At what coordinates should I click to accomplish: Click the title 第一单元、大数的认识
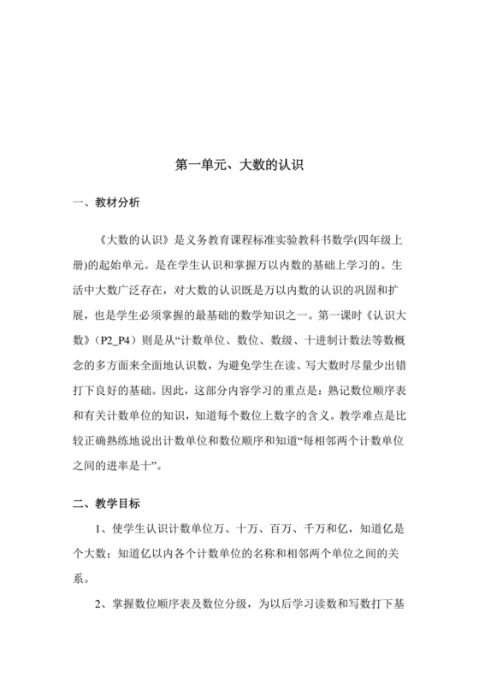239,162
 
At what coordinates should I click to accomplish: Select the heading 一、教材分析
102,203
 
